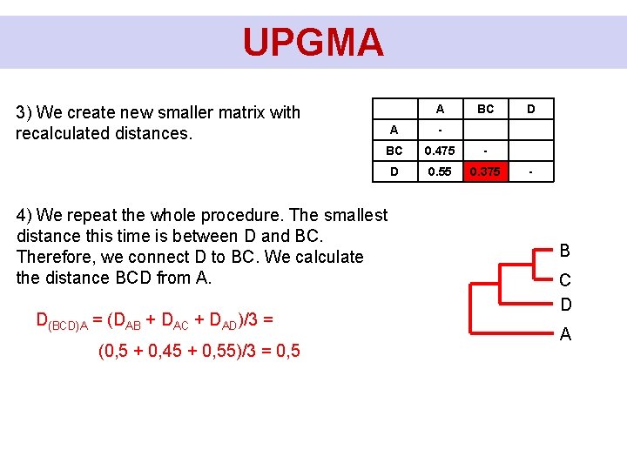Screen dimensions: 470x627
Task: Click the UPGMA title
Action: coord(313,42)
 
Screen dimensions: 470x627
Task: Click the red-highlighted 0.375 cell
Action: coord(485,171)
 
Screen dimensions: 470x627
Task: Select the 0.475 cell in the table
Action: coord(440,151)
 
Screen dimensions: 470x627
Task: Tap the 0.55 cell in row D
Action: coord(440,171)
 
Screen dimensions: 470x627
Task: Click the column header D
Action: coord(530,109)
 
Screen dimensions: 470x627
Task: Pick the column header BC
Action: coord(485,109)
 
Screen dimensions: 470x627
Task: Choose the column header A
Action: coord(440,109)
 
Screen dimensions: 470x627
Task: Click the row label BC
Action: coord(394,151)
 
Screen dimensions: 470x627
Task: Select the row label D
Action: coord(394,171)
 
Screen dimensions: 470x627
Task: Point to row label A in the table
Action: coord(394,130)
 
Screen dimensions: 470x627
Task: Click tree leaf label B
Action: coord(565,252)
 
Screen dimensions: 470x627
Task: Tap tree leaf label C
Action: coord(565,280)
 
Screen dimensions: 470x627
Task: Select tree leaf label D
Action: coord(565,305)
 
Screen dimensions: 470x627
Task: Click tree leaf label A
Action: coord(565,334)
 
